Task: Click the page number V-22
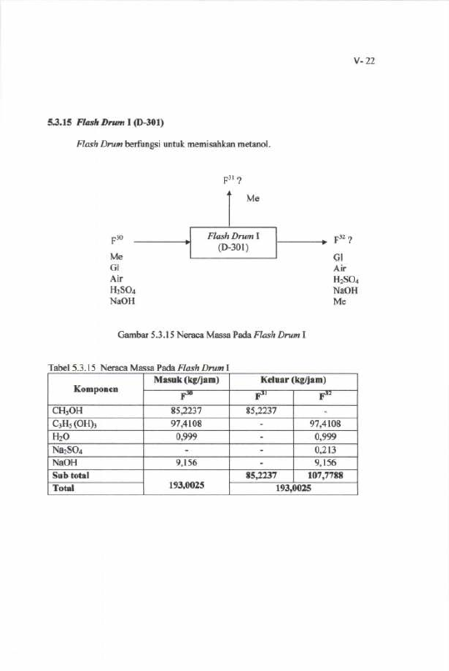point(364,61)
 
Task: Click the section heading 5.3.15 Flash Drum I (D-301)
point(106,123)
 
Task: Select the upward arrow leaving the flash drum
point(229,209)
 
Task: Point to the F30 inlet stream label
point(117,240)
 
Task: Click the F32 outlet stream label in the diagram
point(342,240)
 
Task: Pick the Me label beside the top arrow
point(252,198)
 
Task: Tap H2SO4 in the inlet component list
point(122,290)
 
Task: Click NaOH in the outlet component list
point(346,290)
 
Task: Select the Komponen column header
point(96,389)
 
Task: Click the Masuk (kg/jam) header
point(187,380)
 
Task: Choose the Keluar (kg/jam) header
point(293,380)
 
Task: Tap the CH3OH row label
point(67,411)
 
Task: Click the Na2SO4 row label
point(67,450)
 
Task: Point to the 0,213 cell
point(326,450)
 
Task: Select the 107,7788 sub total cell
point(326,475)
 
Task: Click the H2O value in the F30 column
point(187,437)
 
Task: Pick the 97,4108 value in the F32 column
point(326,424)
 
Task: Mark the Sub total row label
point(71,475)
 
